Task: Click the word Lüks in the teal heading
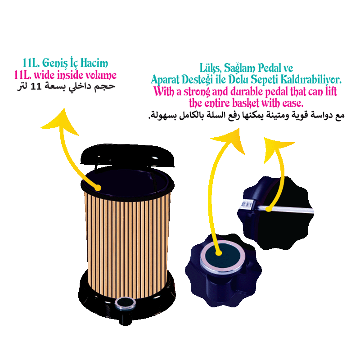pyautogui.click(x=210, y=68)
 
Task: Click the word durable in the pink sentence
pyautogui.click(x=233, y=92)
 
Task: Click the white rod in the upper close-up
pyautogui.click(x=288, y=209)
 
